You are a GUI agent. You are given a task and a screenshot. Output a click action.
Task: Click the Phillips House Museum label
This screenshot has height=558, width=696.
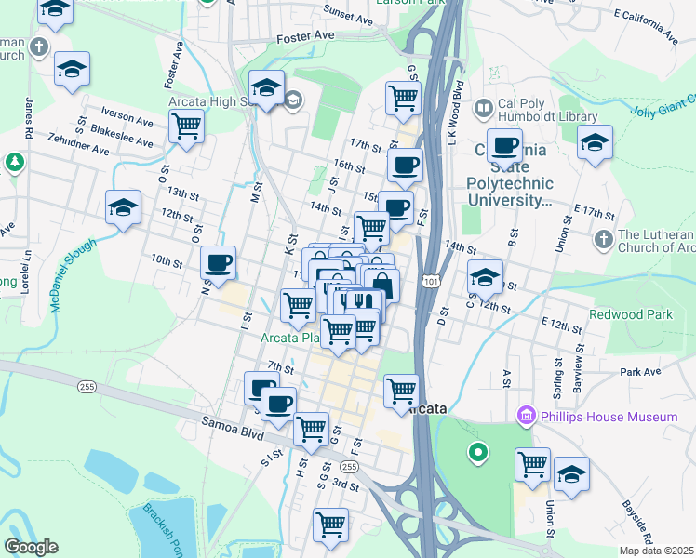[x=609, y=417]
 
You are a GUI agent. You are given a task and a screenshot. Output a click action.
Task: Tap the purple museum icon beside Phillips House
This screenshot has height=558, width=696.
[x=526, y=415]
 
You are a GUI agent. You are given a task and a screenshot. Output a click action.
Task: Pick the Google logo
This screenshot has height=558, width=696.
[x=31, y=547]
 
